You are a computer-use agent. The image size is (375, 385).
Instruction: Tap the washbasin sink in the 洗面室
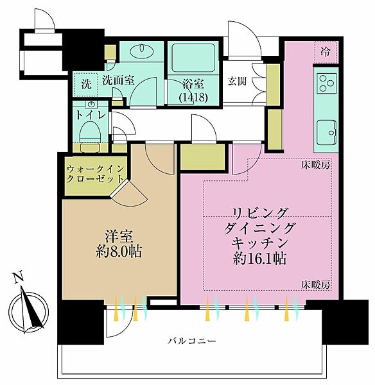(142, 51)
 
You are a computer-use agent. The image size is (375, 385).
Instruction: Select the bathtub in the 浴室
(193, 58)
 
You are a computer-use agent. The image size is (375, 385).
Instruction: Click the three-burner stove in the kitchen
(327, 83)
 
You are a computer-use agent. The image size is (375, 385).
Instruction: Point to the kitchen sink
(327, 132)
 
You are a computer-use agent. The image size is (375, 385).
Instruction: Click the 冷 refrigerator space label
(325, 52)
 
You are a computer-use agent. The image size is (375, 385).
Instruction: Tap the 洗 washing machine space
(86, 84)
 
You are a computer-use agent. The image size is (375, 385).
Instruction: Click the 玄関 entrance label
(237, 81)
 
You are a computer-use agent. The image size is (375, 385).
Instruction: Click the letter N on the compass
(19, 277)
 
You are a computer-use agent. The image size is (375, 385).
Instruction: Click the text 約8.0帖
(119, 251)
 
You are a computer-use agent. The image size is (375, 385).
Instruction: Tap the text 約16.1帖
(259, 258)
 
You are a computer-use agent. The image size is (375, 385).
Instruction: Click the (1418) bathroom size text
(193, 98)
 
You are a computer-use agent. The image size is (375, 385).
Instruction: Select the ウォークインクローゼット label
(95, 174)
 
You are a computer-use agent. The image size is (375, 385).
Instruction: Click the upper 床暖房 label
(316, 166)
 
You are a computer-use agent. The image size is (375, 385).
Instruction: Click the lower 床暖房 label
(316, 285)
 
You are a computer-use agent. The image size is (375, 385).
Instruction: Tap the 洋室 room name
(119, 236)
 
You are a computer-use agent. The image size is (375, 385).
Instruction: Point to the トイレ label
(91, 115)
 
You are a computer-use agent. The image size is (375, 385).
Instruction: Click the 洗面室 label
(118, 80)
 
